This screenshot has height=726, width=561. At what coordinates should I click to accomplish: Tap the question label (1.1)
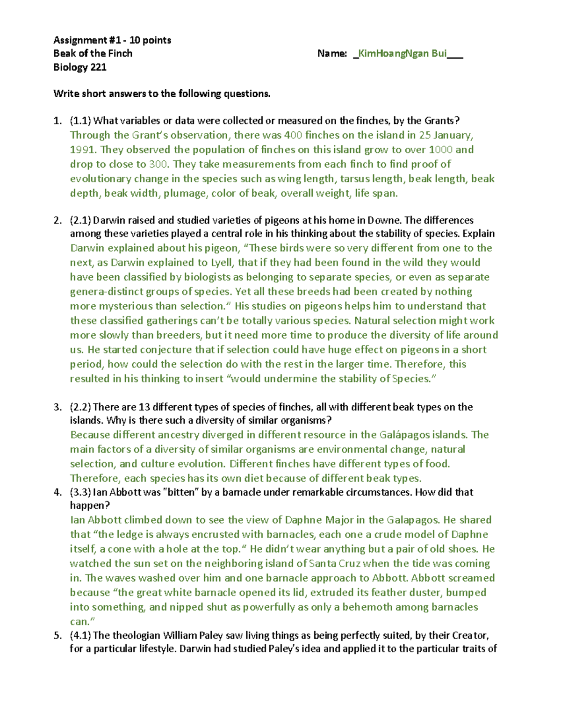click(x=80, y=121)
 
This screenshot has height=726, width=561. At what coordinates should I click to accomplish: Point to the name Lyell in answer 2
click(x=223, y=262)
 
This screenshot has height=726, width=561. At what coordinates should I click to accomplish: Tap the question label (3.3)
click(x=80, y=492)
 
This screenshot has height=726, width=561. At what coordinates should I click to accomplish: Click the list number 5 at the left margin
click(x=57, y=635)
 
